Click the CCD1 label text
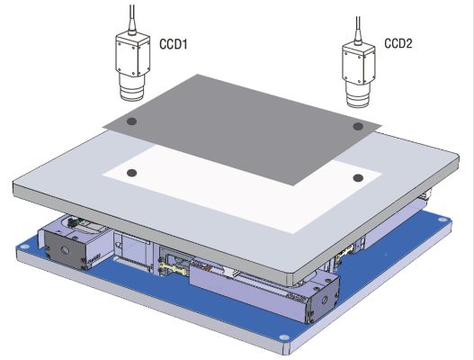pos(174,44)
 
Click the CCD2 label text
pos(398,43)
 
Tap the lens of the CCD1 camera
pos(133,86)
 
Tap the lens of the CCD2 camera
pos(358,94)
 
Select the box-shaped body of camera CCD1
pos(133,55)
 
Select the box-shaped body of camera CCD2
pos(359,64)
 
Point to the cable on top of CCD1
pos(132,18)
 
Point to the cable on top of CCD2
pos(358,30)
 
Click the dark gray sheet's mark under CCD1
pos(131,121)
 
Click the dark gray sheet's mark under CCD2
pos(358,126)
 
